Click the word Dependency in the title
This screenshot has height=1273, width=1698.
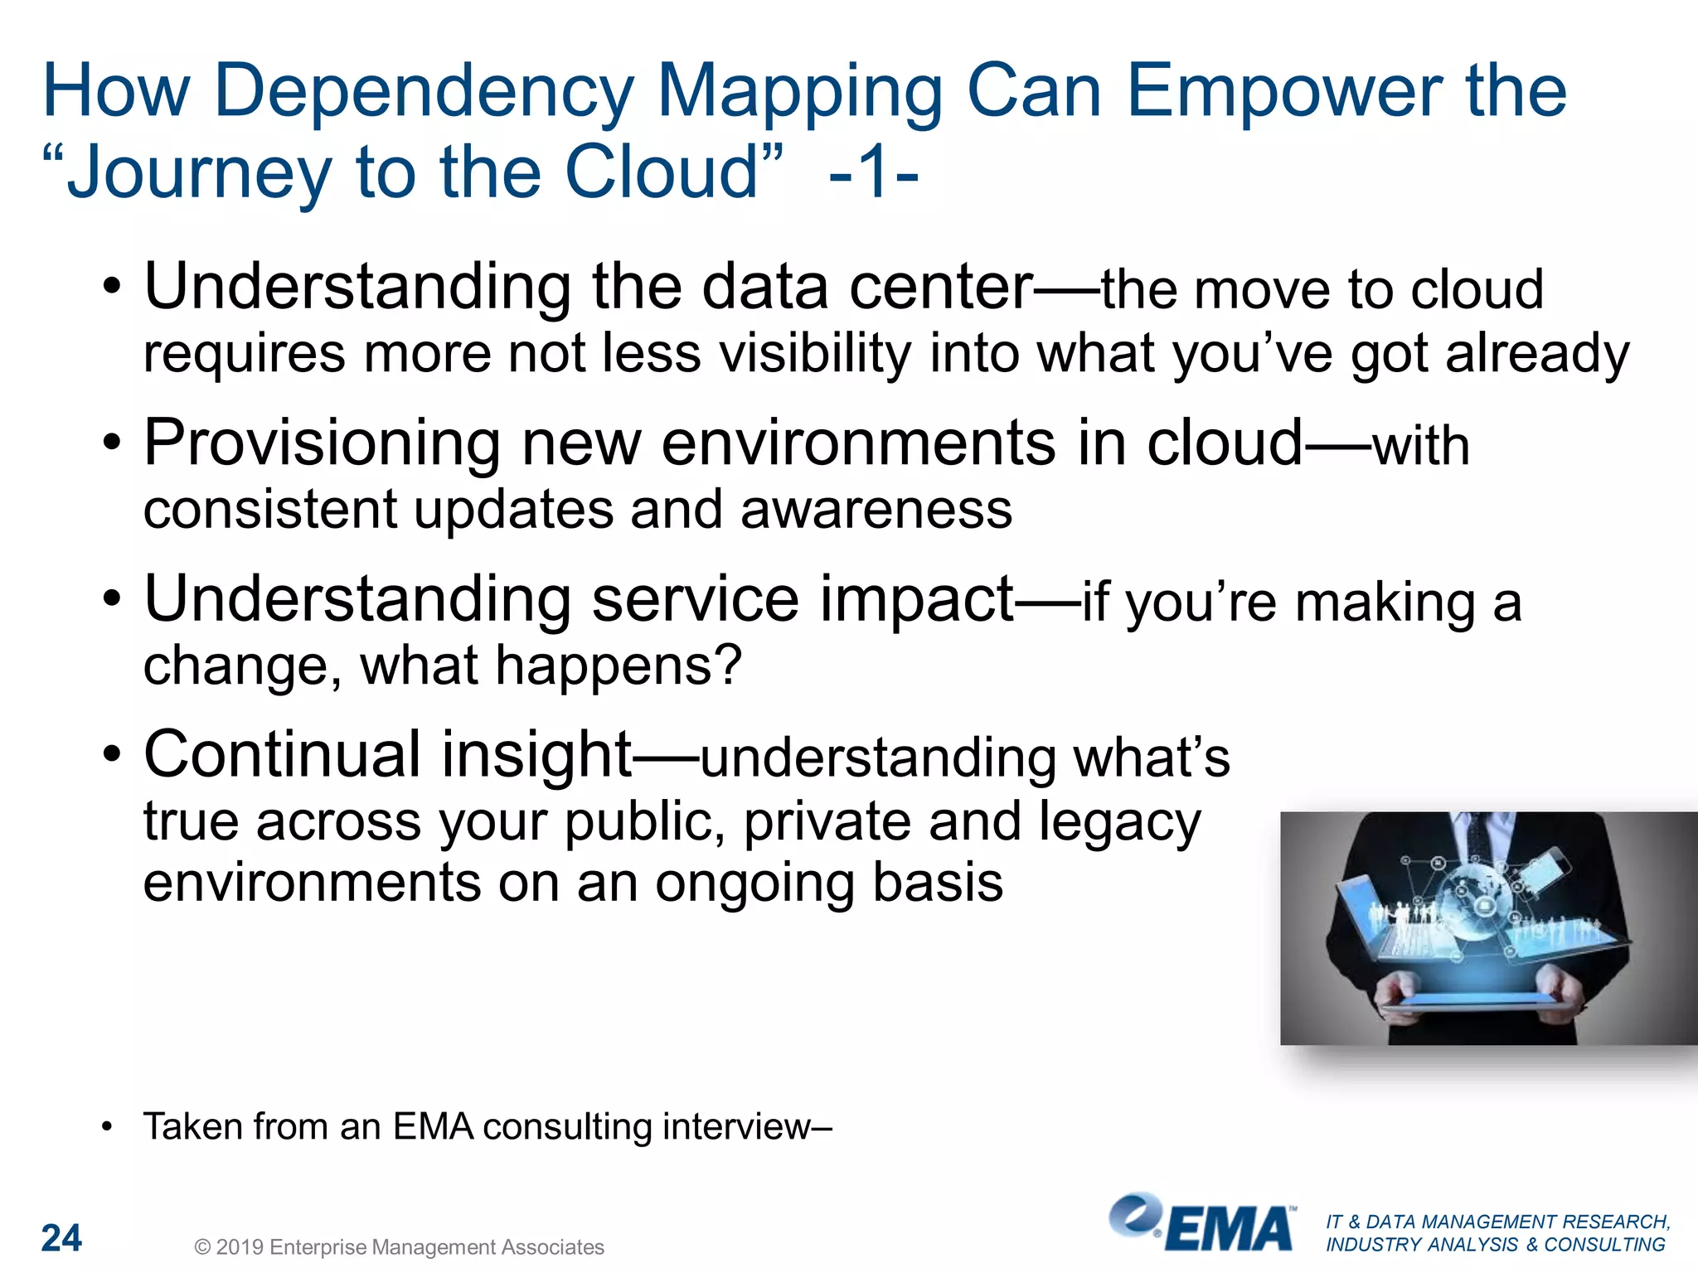[423, 93]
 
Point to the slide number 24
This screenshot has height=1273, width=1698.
[61, 1238]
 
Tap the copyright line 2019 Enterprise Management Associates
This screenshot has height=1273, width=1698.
[399, 1247]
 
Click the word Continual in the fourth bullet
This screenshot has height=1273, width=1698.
[282, 754]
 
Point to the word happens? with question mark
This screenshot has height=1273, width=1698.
[618, 666]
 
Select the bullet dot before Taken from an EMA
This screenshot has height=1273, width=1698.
[106, 1127]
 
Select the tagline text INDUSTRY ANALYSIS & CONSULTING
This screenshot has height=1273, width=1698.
[1495, 1245]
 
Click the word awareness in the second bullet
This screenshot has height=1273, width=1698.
[876, 509]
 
